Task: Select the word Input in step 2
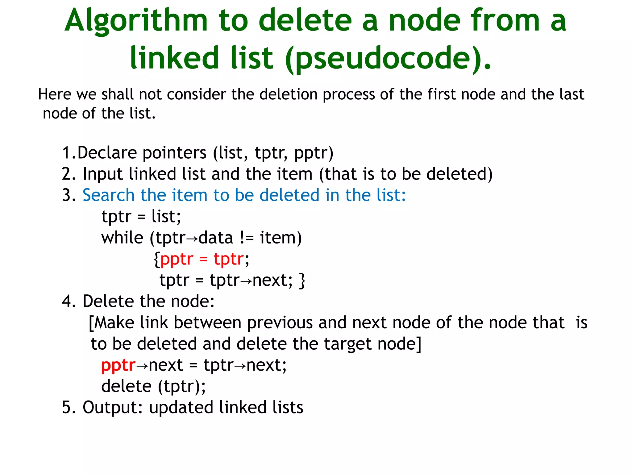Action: pos(103,174)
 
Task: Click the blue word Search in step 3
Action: pos(108,195)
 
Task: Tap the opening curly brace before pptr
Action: pos(157,259)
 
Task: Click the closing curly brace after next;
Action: pos(302,281)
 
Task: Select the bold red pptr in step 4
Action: pos(118,366)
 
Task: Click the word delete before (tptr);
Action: pos(127,386)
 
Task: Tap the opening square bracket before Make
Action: pos(91,323)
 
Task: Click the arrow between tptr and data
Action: pos(192,239)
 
